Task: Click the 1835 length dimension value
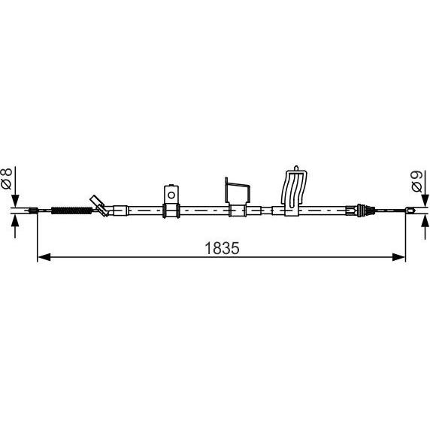(x=222, y=248)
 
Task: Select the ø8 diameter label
(x=7, y=178)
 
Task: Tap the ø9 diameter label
(x=417, y=181)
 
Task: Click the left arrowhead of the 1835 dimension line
(x=44, y=257)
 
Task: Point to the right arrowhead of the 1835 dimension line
(x=398, y=257)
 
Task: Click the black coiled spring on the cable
(x=72, y=210)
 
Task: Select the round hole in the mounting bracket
(x=171, y=195)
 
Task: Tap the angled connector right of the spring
(x=101, y=206)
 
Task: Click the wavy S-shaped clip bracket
(x=294, y=191)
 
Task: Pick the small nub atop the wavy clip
(x=296, y=168)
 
